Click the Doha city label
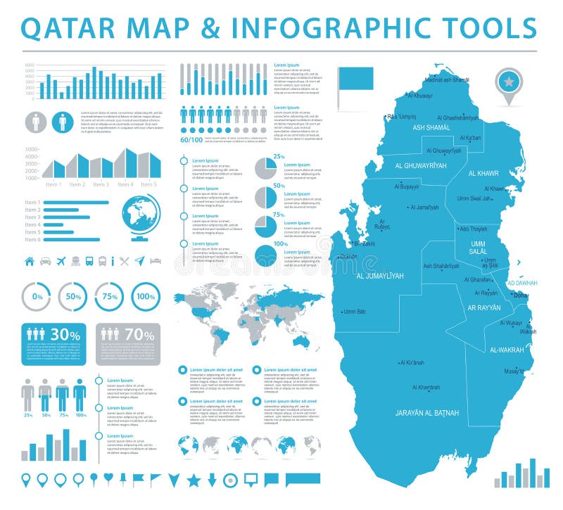coord(521,295)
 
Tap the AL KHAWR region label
coord(483,173)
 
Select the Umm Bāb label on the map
coord(355,312)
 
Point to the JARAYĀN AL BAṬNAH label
coord(427,412)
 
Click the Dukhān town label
coord(349,257)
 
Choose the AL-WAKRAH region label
coord(507,350)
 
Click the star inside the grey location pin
coord(508,82)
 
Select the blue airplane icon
coord(61,261)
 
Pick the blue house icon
coord(30,261)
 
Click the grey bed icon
coord(156,261)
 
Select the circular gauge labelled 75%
coord(109,296)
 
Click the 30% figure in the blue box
coord(65,336)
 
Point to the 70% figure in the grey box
coord(139,336)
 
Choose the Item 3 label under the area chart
coord(101,184)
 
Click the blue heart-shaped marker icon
coord(108,478)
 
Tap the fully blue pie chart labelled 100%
coord(265,255)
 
